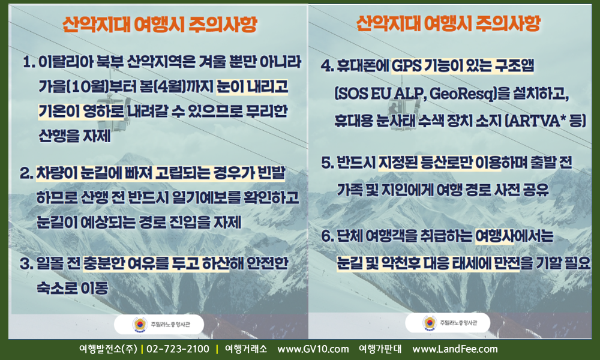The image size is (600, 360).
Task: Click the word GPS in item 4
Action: click(x=406, y=66)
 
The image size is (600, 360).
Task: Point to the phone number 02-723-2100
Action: click(x=178, y=349)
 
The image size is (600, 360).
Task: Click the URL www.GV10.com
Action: click(x=313, y=349)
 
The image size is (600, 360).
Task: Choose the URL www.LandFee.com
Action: click(x=455, y=349)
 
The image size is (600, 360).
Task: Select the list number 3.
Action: click(x=26, y=263)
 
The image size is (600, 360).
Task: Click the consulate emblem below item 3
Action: click(x=140, y=325)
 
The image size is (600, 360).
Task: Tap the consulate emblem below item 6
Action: click(x=430, y=323)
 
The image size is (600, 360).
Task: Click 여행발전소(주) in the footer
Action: click(x=108, y=349)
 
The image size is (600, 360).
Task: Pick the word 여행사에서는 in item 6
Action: click(x=514, y=236)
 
